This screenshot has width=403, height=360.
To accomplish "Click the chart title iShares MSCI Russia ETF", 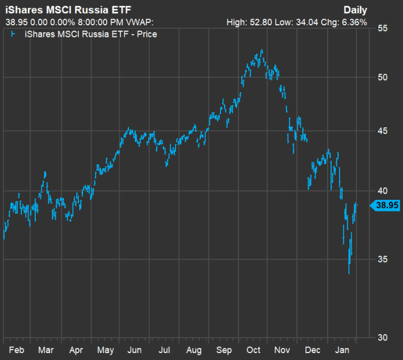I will point(64,11).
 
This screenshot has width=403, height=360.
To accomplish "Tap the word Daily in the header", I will point(355,10).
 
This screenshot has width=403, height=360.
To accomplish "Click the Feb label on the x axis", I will point(17,350).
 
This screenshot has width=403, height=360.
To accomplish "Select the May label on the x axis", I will point(105,350).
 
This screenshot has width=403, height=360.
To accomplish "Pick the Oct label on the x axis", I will point(253,350).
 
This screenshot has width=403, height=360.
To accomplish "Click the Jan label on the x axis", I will point(343,350).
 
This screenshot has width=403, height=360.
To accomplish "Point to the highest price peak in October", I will point(262,50).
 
